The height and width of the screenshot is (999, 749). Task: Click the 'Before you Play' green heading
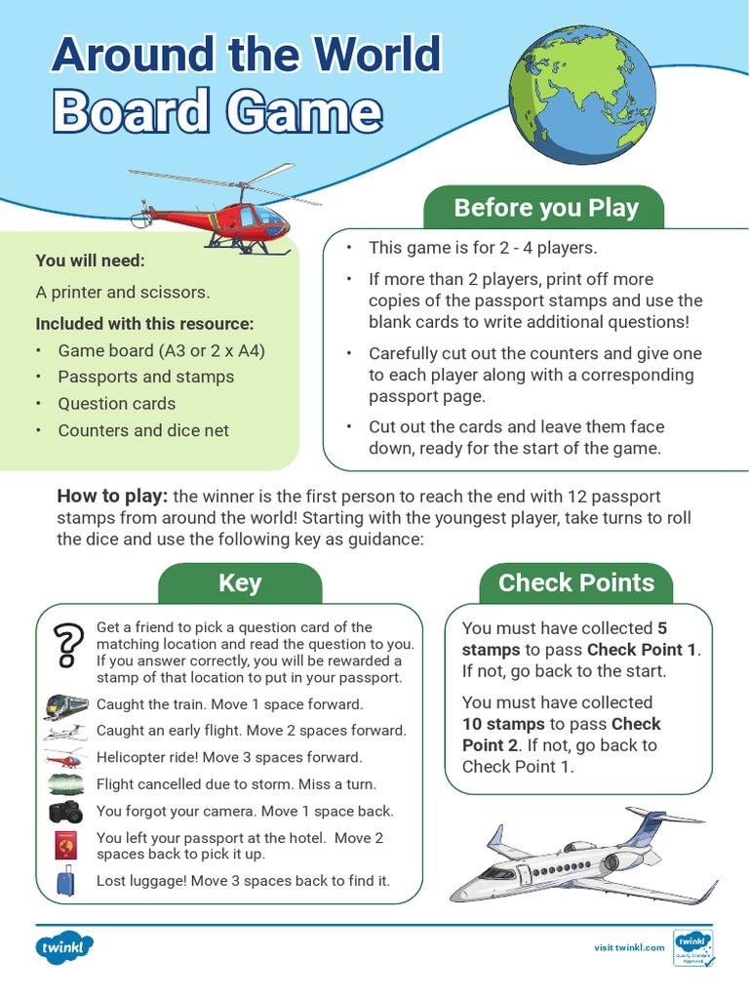[545, 208]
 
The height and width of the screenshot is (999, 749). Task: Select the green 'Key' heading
[240, 583]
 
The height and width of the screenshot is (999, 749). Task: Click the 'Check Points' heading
[575, 583]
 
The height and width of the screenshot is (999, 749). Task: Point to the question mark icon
[65, 646]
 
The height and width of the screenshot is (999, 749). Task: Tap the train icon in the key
[65, 704]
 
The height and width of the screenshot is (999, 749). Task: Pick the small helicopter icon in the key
[65, 758]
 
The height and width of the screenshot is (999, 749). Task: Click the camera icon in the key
[65, 810]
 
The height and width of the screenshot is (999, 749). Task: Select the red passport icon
[65, 845]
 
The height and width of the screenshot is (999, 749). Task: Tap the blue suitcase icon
[65, 881]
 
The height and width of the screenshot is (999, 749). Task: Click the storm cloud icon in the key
[65, 783]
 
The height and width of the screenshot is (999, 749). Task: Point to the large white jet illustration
[583, 856]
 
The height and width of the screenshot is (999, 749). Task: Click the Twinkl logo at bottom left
[65, 947]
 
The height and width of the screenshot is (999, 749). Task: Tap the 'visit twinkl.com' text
[629, 947]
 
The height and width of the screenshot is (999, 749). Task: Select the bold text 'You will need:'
[90, 260]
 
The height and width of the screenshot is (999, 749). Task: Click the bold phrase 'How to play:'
[112, 497]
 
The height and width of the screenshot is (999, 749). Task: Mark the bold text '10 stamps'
[503, 724]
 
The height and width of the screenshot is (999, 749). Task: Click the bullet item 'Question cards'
[116, 404]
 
